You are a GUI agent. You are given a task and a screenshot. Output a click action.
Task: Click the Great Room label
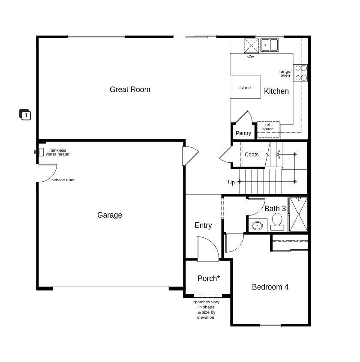click(x=130, y=90)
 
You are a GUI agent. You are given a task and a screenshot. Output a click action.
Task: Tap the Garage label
click(x=110, y=215)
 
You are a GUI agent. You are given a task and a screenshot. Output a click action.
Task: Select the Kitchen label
click(x=276, y=91)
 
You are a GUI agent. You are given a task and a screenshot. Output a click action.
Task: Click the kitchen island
click(x=245, y=87)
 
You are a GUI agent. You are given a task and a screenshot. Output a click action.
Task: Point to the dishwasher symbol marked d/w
click(x=252, y=46)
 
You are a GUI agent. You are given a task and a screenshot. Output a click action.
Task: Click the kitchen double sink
click(x=270, y=45)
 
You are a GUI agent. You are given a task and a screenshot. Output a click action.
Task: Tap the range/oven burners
click(x=301, y=73)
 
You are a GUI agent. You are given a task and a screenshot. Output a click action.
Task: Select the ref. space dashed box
click(x=268, y=129)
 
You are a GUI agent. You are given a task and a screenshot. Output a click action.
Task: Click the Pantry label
click(x=243, y=133)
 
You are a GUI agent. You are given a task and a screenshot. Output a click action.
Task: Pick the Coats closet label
click(x=252, y=155)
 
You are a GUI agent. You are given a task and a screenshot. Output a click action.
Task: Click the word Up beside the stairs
click(x=231, y=182)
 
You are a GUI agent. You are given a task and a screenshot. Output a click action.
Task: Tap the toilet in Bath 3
click(x=277, y=221)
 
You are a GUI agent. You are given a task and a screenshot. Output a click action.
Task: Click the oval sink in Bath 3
click(x=257, y=225)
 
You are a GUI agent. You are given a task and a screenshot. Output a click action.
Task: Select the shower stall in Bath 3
click(x=298, y=214)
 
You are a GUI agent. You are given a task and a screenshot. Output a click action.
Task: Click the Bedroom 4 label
click(x=270, y=287)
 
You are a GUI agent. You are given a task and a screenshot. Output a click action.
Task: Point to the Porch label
click(x=209, y=278)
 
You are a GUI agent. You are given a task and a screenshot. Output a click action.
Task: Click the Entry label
click(x=203, y=225)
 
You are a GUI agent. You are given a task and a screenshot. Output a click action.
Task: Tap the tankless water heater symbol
click(x=39, y=152)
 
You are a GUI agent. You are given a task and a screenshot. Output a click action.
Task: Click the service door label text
click(x=63, y=180)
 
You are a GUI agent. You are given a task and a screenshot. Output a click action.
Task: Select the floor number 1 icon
click(x=25, y=114)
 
